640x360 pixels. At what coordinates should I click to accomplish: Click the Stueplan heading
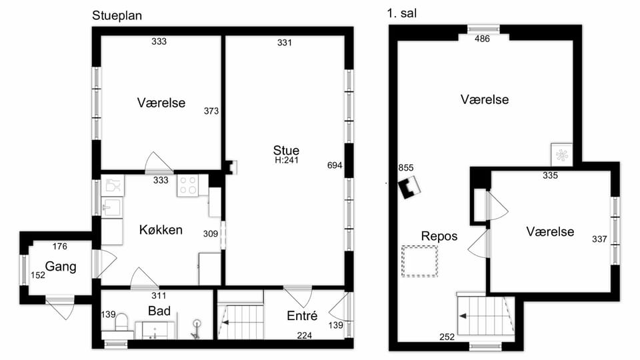(x=117, y=16)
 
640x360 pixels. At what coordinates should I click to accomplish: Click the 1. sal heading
(x=401, y=13)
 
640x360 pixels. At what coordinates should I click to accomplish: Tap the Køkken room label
(x=161, y=230)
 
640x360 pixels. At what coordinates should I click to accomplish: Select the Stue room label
(x=286, y=150)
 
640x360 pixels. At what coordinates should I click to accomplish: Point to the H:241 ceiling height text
(x=287, y=161)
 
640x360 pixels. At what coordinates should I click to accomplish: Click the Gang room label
(x=61, y=267)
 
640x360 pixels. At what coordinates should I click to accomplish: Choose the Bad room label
(x=159, y=311)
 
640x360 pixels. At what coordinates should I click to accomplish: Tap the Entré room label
(x=302, y=315)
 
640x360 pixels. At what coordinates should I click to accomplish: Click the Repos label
(x=439, y=236)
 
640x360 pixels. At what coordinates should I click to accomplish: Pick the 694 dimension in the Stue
(x=335, y=165)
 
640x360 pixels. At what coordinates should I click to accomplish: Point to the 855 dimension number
(x=406, y=168)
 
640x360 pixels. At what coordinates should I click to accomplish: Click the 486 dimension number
(x=482, y=39)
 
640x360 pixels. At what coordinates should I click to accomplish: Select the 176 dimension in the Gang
(x=59, y=247)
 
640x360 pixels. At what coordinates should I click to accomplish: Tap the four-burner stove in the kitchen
(x=188, y=185)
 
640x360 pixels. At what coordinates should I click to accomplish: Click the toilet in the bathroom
(x=121, y=321)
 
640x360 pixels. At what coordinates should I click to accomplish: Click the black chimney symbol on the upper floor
(x=409, y=187)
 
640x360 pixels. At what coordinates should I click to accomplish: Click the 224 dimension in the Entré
(x=305, y=335)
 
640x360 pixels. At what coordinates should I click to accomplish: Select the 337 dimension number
(x=599, y=239)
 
